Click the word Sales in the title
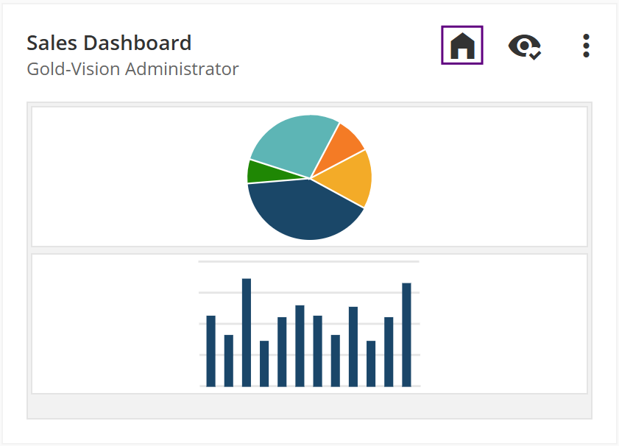click(x=51, y=43)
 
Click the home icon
click(x=462, y=46)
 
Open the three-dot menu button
click(x=586, y=46)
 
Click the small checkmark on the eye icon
click(x=535, y=54)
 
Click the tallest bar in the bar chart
click(x=247, y=332)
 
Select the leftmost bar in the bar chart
click(x=211, y=350)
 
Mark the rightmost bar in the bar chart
click(x=406, y=334)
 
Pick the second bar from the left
click(x=229, y=360)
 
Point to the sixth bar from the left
click(x=300, y=345)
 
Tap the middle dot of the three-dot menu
click(x=586, y=46)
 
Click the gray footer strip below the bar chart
click(x=309, y=406)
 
